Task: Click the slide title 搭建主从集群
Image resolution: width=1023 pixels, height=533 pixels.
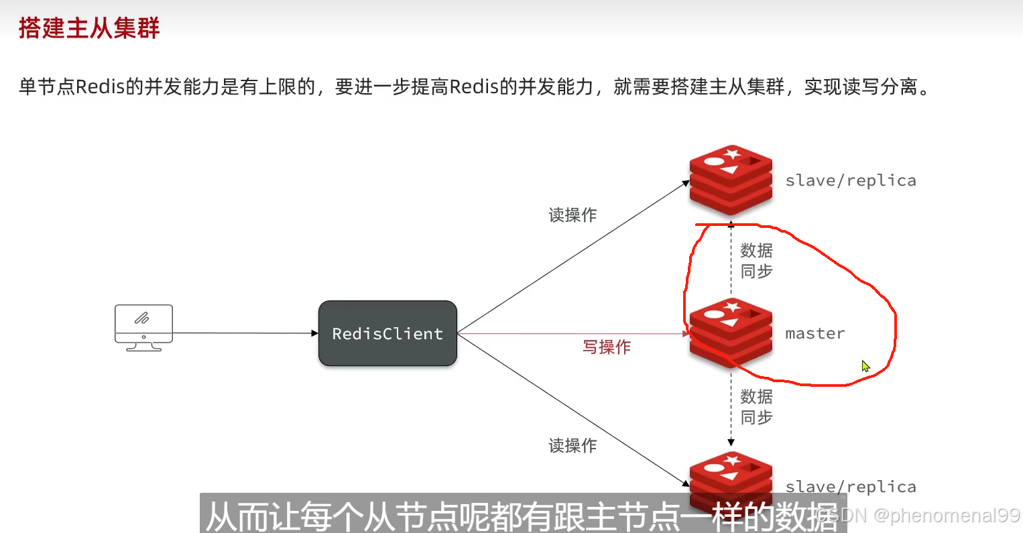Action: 89,28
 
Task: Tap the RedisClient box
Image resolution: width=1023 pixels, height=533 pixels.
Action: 387,333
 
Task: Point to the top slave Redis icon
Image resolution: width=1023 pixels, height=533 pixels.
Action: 731,180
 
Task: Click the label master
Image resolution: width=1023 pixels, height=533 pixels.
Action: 815,333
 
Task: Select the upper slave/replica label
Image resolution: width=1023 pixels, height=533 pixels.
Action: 850,180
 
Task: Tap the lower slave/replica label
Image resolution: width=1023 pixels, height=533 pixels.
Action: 850,487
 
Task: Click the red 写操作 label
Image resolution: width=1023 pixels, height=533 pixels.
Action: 607,347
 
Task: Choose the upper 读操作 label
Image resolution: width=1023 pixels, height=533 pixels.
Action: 573,215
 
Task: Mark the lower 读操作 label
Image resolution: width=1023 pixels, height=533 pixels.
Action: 573,445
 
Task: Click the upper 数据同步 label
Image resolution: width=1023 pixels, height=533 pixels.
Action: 756,261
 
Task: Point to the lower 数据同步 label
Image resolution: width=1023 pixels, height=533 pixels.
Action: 756,407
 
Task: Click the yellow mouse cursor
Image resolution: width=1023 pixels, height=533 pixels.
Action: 865,366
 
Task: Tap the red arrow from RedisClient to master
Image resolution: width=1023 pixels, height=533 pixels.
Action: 570,333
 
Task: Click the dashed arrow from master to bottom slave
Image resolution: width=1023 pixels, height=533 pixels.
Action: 731,409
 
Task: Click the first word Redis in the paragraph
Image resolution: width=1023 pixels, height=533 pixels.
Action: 101,86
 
